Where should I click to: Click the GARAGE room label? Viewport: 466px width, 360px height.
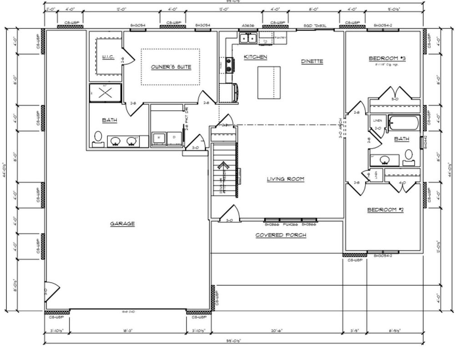coord(122,223)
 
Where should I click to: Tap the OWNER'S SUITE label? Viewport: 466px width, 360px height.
coord(171,67)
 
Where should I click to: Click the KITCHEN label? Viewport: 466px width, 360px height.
coord(255,57)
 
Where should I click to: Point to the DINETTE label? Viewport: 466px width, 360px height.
coord(312,61)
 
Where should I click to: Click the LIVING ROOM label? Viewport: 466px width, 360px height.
coord(285,179)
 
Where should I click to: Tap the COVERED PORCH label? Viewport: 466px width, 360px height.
coord(280,235)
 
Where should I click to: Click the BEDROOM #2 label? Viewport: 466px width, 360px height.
coord(385,210)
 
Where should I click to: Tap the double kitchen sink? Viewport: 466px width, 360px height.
coord(248,38)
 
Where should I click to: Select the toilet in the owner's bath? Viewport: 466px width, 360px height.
coord(98,137)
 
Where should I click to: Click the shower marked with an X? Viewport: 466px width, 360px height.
coord(106,93)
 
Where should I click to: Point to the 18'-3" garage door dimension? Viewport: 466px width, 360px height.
coord(127,331)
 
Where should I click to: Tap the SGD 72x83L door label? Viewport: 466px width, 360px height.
coord(315,26)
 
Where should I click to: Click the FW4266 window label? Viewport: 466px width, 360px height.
coord(290,224)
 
